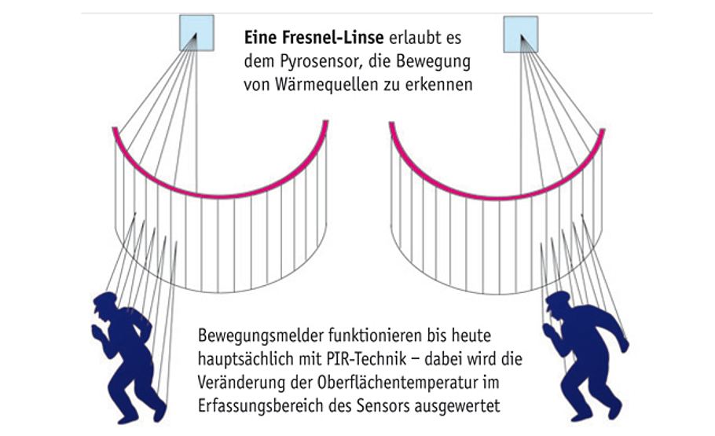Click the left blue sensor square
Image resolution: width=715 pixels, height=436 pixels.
[x=196, y=32]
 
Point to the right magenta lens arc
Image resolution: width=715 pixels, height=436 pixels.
[x=497, y=189]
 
